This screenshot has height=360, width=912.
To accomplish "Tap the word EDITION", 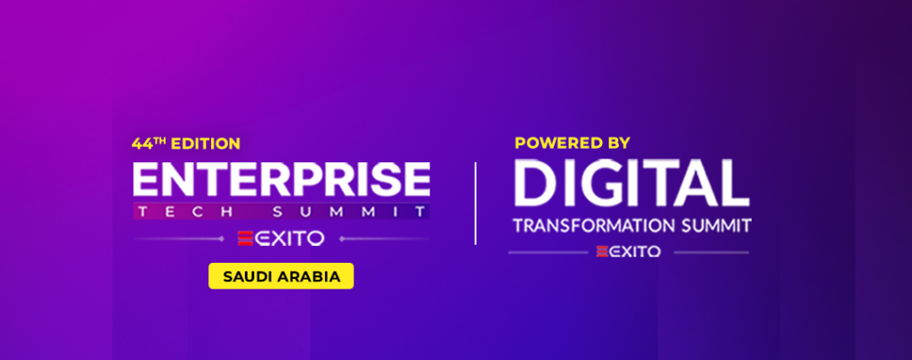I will tap(206, 143).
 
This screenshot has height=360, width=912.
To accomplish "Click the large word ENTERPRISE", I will tap(281, 180).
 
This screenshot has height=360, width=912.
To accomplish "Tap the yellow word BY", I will tap(617, 142).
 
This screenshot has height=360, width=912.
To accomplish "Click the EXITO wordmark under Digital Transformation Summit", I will tap(635, 251).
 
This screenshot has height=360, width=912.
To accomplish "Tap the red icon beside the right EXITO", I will tap(602, 251).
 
